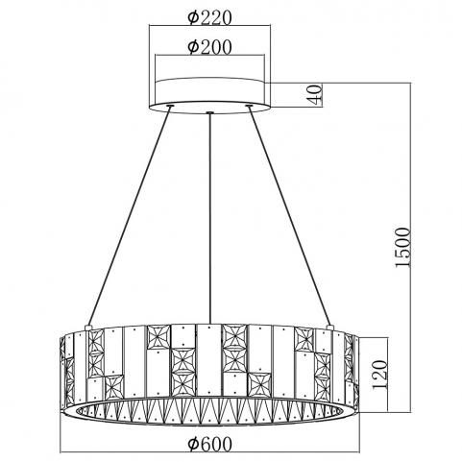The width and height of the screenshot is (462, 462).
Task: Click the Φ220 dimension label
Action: click(209, 18)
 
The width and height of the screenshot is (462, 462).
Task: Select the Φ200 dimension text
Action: click(209, 47)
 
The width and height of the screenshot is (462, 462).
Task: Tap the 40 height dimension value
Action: click(314, 94)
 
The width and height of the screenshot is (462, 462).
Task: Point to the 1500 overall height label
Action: click(402, 247)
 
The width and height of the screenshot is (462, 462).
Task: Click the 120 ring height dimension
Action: click(380, 375)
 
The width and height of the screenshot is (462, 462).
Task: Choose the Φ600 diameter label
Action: click(209, 444)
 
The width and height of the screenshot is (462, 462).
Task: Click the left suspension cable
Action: click(129, 216)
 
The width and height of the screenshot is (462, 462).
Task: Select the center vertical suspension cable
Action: click(209, 218)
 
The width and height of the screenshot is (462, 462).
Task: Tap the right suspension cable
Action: click(290, 216)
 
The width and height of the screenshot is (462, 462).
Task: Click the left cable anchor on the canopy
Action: click(170, 105)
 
